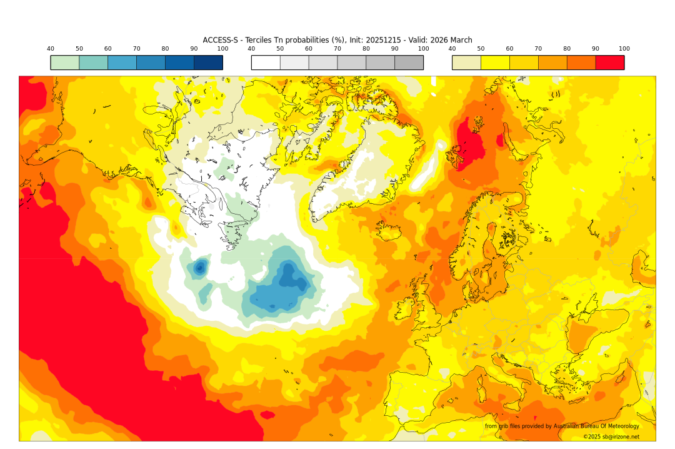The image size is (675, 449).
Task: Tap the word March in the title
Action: coord(460,40)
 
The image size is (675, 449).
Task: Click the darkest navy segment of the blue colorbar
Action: coord(208,63)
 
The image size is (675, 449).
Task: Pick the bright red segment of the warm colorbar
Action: coord(609,63)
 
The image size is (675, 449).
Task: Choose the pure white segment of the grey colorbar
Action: coord(266,63)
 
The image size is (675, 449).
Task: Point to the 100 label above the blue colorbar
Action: coord(222,49)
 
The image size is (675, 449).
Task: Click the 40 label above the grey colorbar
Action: coord(251,49)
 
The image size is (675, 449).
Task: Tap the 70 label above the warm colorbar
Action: coord(538,49)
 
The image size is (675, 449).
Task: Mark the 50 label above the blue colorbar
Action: coord(79,49)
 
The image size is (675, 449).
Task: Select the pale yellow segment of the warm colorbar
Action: coord(466,63)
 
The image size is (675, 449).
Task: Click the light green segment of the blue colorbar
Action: coord(65,63)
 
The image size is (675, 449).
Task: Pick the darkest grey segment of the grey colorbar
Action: coord(409,63)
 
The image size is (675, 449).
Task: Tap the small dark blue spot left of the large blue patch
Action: coord(200,268)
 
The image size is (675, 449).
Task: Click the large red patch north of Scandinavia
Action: coord(470,144)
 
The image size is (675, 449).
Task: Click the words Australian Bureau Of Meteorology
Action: coord(596,426)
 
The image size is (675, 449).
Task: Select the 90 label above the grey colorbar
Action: coord(395,49)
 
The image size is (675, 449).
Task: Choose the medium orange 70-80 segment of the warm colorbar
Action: coord(552,63)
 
